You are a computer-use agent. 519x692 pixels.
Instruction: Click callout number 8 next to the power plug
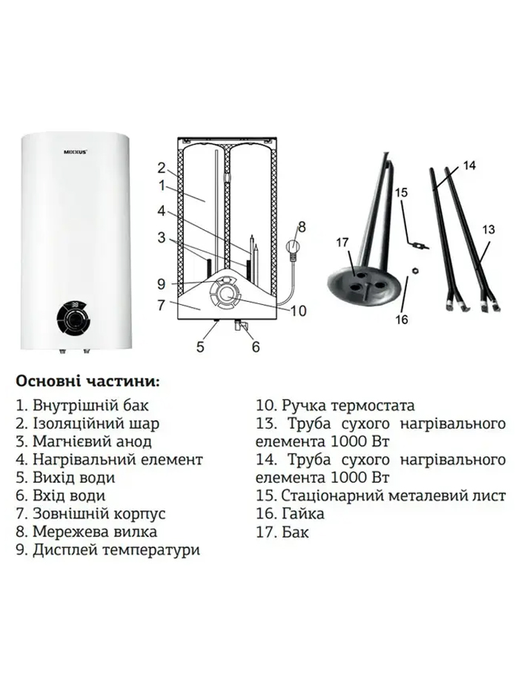click(302, 227)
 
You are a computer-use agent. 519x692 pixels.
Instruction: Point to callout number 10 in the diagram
click(298, 311)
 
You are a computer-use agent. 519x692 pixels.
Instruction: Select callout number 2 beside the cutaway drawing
click(162, 168)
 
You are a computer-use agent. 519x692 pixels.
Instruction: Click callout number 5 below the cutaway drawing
click(200, 346)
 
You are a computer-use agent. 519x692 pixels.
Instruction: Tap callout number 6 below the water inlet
click(256, 346)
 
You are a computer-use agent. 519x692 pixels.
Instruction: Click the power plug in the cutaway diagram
click(291, 249)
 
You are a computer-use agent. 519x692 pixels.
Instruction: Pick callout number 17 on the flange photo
click(343, 243)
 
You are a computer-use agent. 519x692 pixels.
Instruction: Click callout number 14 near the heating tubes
click(469, 165)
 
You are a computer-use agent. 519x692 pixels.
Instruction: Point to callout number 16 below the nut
click(402, 319)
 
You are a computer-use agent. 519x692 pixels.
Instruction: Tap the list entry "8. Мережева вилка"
click(87, 531)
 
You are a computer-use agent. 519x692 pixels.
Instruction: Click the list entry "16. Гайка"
click(291, 513)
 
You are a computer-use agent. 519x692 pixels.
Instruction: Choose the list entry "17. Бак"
click(283, 532)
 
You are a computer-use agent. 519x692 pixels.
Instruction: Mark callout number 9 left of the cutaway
click(162, 284)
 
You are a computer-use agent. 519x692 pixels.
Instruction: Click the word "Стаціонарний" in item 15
click(332, 495)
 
